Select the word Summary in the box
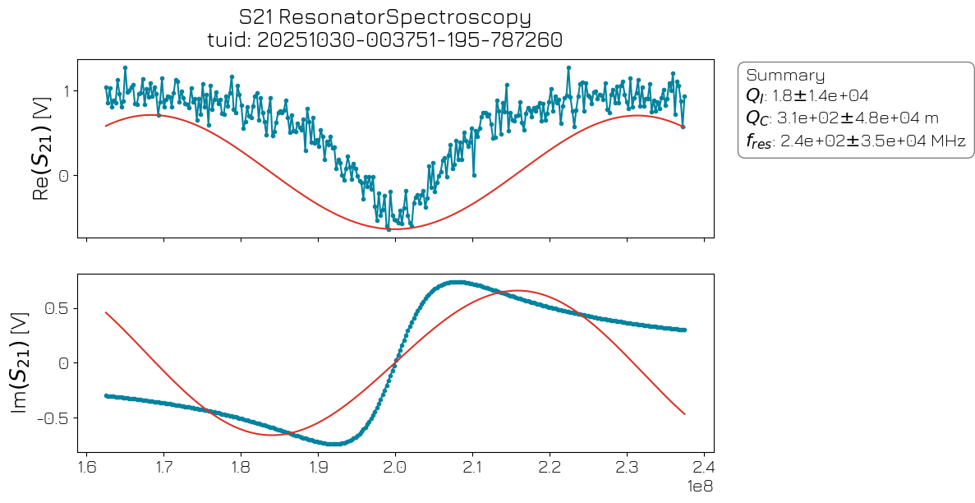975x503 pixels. click(x=784, y=75)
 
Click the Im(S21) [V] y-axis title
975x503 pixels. click(x=25, y=362)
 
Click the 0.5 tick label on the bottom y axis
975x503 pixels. click(x=57, y=308)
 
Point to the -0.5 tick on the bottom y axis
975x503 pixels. click(x=53, y=417)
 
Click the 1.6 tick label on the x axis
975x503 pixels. click(x=87, y=468)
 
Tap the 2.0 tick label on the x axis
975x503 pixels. click(x=396, y=468)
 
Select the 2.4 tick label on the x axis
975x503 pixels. click(x=704, y=468)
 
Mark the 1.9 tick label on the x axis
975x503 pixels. click(x=319, y=468)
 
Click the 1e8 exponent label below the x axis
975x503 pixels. click(x=699, y=487)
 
